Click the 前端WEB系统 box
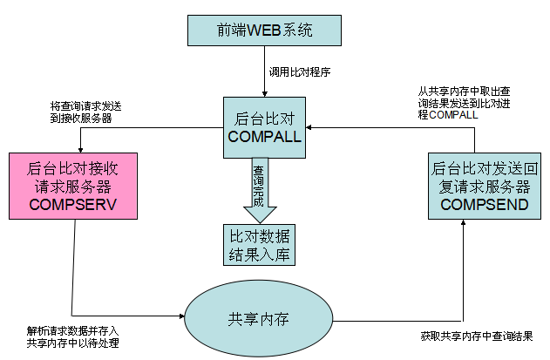click(x=263, y=30)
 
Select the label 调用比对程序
click(x=300, y=73)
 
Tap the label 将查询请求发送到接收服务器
click(x=85, y=112)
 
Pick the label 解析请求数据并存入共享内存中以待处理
click(x=72, y=337)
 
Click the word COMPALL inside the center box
click(x=263, y=138)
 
